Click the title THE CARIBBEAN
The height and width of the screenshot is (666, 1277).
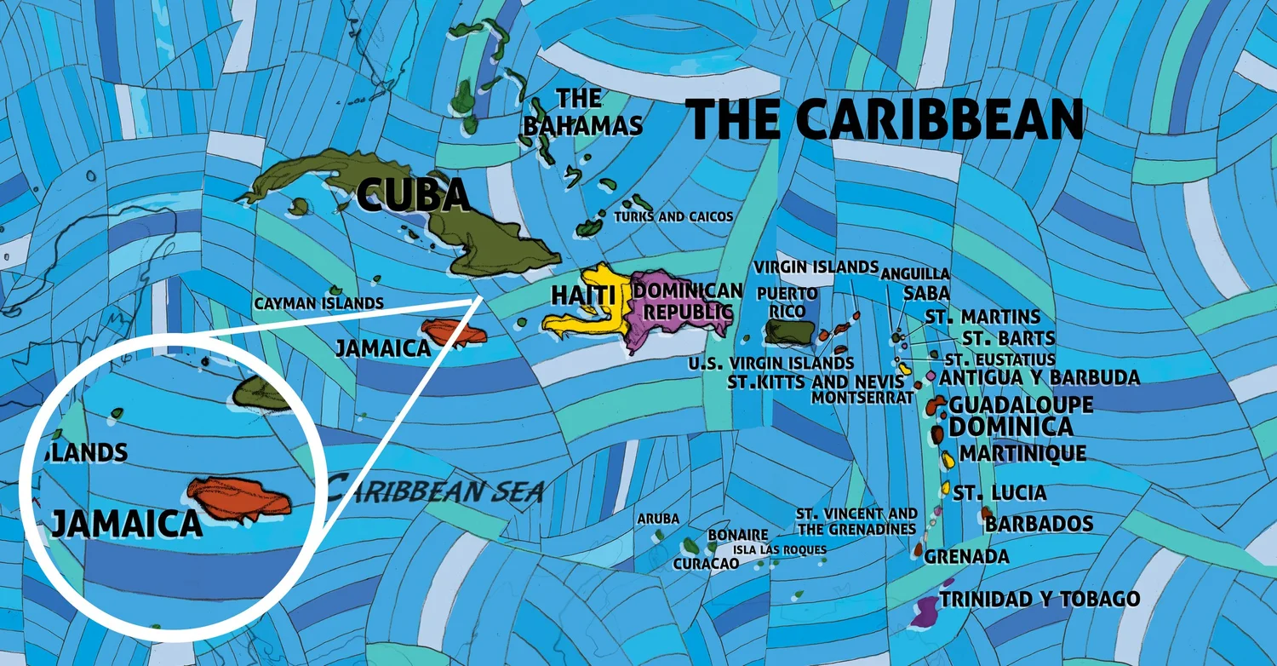click(x=885, y=119)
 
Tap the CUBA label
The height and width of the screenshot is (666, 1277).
click(x=414, y=194)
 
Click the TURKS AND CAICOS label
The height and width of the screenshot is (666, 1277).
click(x=673, y=217)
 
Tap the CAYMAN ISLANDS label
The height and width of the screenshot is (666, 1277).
click(x=318, y=303)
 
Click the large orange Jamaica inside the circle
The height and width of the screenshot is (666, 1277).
click(x=240, y=499)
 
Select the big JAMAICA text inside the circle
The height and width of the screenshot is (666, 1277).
click(x=126, y=523)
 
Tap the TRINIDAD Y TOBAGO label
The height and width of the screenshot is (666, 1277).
click(x=1039, y=599)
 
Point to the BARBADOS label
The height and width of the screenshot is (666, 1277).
click(x=1039, y=523)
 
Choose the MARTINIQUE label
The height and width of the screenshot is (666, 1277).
click(x=1022, y=453)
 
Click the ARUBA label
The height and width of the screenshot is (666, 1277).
click(x=658, y=519)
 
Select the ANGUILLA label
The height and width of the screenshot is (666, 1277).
click(x=915, y=273)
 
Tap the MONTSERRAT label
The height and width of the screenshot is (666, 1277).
click(x=862, y=397)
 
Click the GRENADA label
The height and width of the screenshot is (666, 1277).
click(x=966, y=557)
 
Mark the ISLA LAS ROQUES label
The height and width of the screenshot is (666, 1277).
click(x=779, y=550)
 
